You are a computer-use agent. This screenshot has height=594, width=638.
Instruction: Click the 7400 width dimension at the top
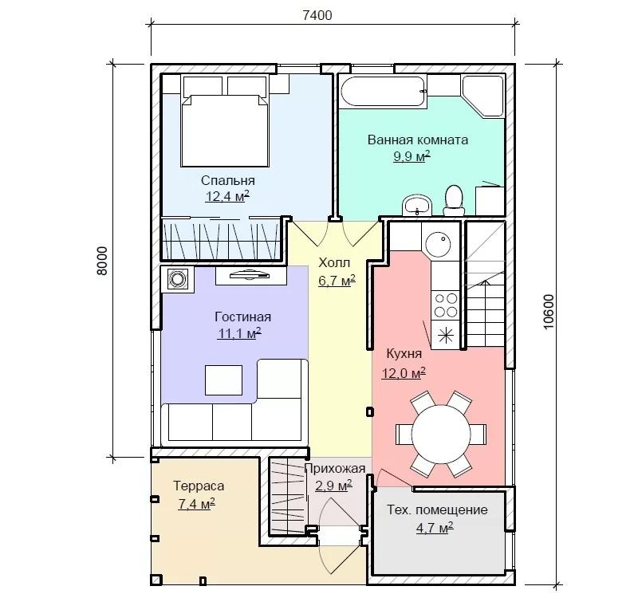tap(317, 15)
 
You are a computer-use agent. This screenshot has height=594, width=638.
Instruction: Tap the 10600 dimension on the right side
tap(549, 312)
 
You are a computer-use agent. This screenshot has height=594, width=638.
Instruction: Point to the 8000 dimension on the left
tap(102, 261)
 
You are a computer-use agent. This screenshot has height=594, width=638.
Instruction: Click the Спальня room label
tap(228, 180)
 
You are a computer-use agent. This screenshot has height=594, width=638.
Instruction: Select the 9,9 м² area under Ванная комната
tap(412, 156)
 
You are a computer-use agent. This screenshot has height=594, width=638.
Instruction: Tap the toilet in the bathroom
tap(453, 200)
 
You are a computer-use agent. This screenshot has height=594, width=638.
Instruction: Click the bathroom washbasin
tap(416, 205)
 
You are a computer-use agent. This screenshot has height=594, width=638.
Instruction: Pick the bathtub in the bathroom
tap(383, 92)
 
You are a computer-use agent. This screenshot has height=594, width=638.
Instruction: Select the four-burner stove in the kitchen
tap(446, 305)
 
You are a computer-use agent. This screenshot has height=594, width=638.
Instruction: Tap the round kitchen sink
tap(438, 244)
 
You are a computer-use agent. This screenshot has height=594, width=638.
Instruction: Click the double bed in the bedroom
tap(225, 130)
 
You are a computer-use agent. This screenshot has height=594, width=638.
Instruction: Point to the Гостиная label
tap(243, 317)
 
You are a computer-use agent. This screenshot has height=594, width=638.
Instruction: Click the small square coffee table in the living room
tap(224, 380)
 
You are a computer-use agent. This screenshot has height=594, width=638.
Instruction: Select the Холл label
tap(334, 263)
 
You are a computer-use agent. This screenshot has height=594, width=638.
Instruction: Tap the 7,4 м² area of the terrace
tap(196, 504)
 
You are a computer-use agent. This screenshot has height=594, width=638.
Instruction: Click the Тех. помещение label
tap(437, 509)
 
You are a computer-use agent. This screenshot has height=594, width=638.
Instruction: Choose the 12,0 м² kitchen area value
tap(404, 372)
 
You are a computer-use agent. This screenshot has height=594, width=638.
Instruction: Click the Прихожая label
tap(335, 469)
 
